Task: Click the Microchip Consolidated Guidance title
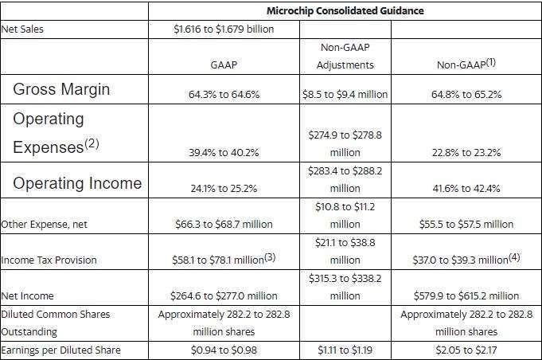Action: pos(345,10)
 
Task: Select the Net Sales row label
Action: pos(22,29)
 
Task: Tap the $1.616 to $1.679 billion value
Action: pos(224,29)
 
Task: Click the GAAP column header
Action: pos(224,65)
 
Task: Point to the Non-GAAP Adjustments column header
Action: pos(345,56)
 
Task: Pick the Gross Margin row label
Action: pos(61,89)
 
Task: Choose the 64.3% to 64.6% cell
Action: pos(224,94)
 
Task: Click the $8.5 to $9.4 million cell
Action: pos(345,94)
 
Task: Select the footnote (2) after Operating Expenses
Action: pos(92,143)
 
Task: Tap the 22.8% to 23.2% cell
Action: pos(466,152)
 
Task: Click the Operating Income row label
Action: pos(77,183)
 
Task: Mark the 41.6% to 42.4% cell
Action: pos(466,188)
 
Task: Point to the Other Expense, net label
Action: pos(45,224)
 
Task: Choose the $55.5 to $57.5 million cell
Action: pos(466,224)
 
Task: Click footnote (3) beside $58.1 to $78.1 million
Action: pos(270,257)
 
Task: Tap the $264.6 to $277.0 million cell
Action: pos(224,295)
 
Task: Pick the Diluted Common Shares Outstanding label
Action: pos(55,323)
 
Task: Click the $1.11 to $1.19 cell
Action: pos(345,350)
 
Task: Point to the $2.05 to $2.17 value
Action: pos(466,350)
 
